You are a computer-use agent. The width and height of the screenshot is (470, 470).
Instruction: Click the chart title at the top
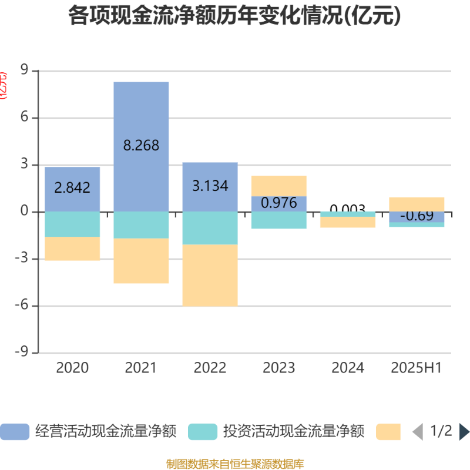[235, 16]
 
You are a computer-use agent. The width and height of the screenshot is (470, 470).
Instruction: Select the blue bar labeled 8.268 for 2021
[141, 117]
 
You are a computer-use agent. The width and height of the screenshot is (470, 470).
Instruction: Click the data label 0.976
[279, 203]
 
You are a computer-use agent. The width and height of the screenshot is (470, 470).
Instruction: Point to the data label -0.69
[417, 216]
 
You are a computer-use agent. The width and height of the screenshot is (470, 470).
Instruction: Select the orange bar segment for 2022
[210, 275]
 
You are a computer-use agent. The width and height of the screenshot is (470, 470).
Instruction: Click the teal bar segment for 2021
[141, 225]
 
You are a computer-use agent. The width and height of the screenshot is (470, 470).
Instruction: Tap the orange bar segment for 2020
[72, 249]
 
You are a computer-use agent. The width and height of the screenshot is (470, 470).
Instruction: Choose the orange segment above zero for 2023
[279, 186]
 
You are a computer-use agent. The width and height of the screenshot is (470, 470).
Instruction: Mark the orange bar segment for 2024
[348, 222]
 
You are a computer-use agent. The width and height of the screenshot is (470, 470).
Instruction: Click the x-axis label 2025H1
[417, 368]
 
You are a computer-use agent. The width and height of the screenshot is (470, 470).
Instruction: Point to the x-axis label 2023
[279, 368]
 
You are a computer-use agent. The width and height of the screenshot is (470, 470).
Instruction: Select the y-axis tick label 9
[24, 71]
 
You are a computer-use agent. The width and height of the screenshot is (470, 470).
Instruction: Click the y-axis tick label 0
[24, 212]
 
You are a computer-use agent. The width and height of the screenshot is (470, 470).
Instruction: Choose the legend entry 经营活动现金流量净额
[88, 432]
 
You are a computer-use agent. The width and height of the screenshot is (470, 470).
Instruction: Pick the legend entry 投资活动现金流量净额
[276, 432]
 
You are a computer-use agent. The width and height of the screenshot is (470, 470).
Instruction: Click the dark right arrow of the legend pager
[464, 432]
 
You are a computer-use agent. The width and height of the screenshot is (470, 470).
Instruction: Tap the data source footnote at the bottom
[235, 464]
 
